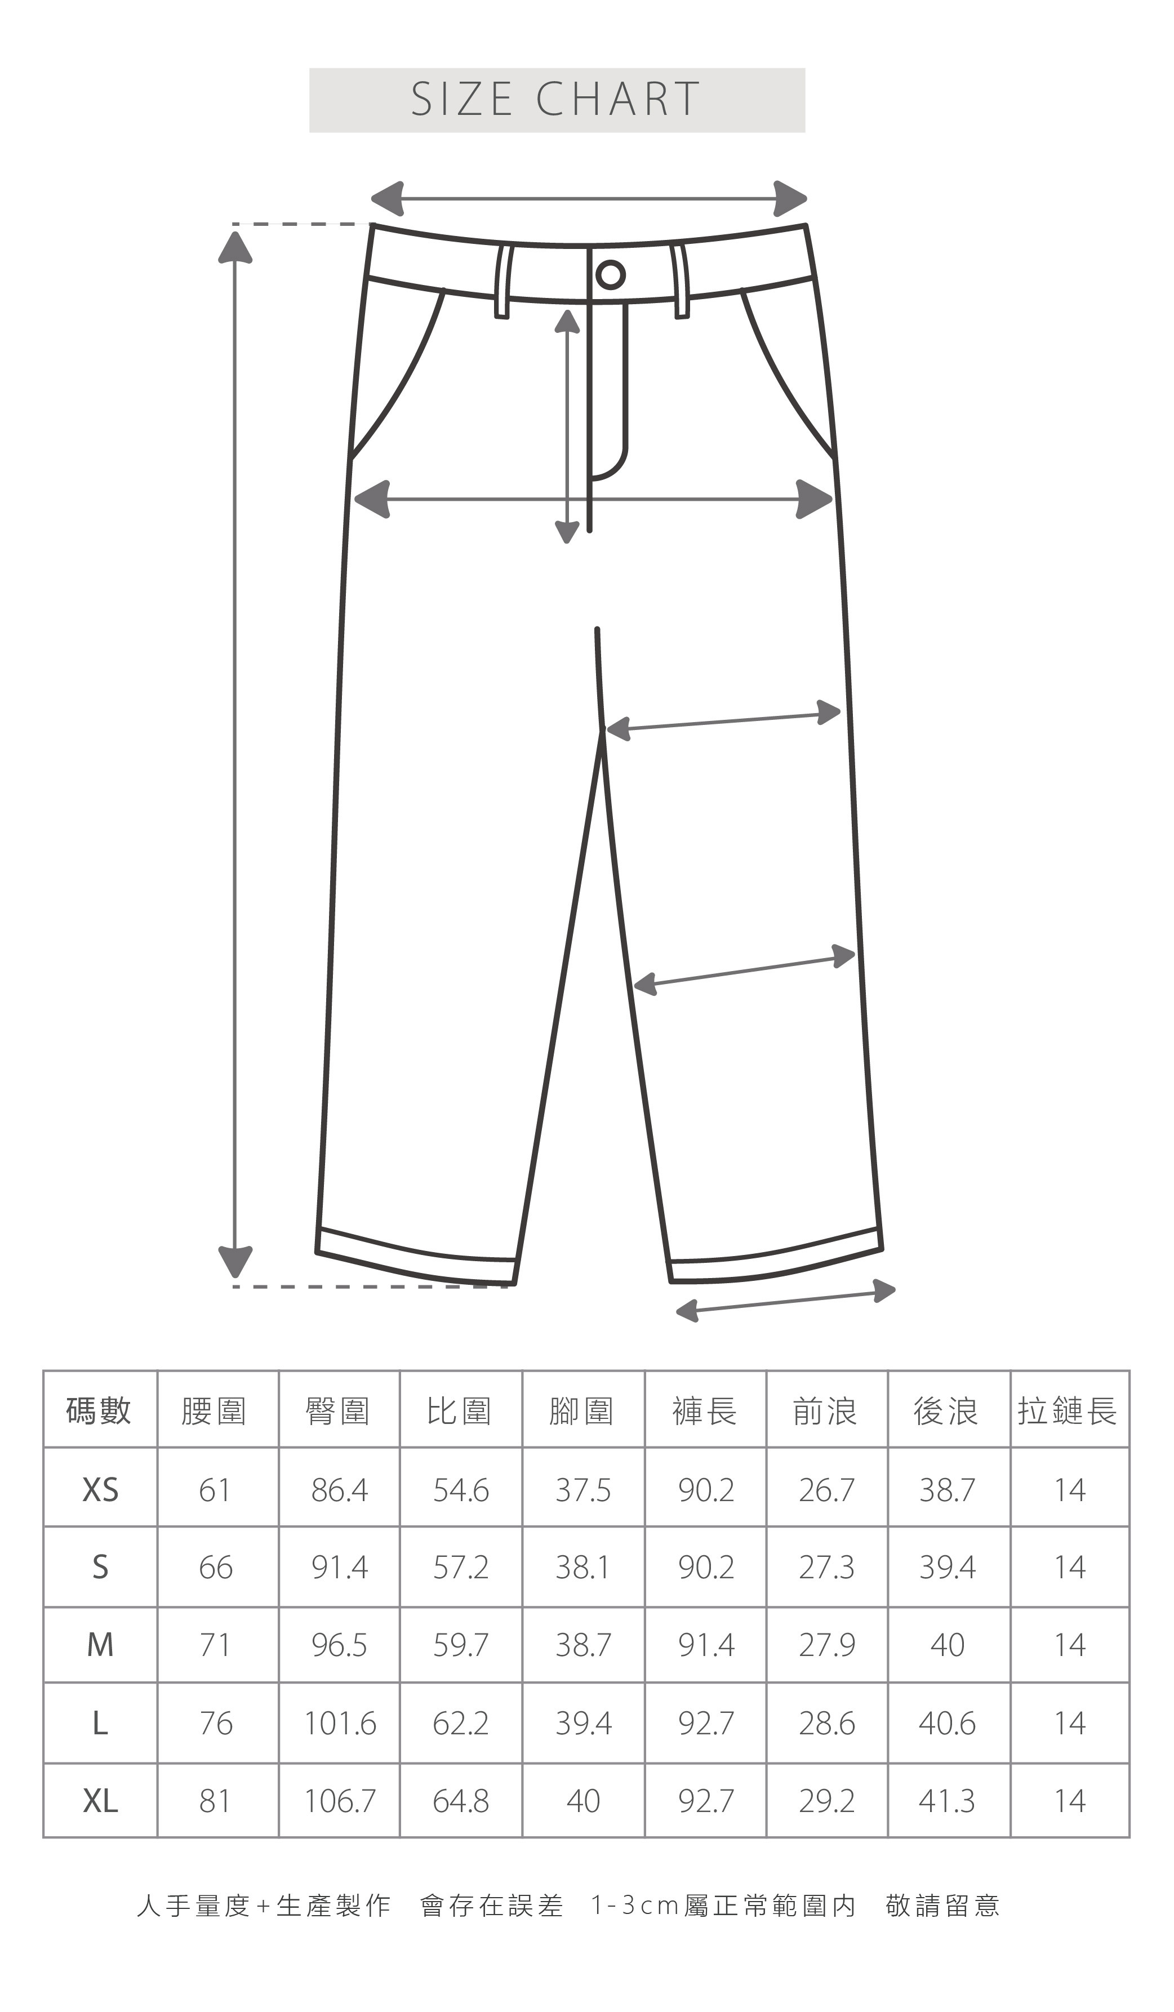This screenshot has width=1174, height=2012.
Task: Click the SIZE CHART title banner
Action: (x=557, y=100)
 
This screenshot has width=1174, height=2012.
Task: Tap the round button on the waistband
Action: (x=610, y=275)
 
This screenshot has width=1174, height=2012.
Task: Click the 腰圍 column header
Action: (x=214, y=1411)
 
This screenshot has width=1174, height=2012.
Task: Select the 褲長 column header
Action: (x=704, y=1411)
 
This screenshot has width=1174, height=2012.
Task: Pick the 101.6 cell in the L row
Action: (x=340, y=1724)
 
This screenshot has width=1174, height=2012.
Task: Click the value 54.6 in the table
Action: (x=461, y=1490)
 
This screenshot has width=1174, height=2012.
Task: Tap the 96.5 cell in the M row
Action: (x=340, y=1645)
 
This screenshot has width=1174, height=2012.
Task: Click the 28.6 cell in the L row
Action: (x=826, y=1724)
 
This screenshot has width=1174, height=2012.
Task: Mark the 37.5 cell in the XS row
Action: (x=583, y=1490)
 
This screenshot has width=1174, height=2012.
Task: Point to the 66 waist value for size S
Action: (x=216, y=1567)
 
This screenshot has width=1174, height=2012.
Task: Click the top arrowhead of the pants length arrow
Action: (x=235, y=246)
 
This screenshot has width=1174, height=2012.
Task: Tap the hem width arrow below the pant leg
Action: (x=786, y=1301)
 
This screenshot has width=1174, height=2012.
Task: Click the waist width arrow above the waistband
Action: (x=589, y=199)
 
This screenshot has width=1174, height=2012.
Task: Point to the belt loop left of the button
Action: (x=503, y=282)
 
